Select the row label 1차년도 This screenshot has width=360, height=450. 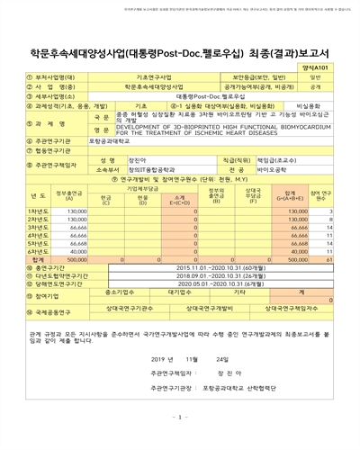38,211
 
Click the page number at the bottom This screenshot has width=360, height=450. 179,442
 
